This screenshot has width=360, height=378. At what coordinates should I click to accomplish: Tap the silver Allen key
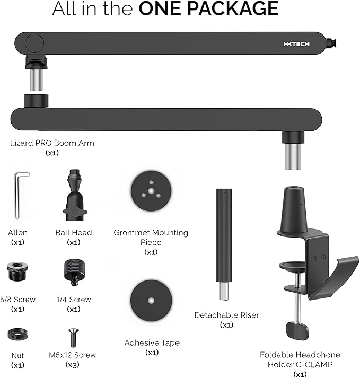point(18,195)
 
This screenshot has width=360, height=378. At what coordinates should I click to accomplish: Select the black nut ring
point(17,335)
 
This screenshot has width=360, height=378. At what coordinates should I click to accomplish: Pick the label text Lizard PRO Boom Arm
point(52,143)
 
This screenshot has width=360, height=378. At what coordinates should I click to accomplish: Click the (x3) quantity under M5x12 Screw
point(73,365)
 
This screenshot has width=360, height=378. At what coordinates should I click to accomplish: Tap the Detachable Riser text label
point(226,315)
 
